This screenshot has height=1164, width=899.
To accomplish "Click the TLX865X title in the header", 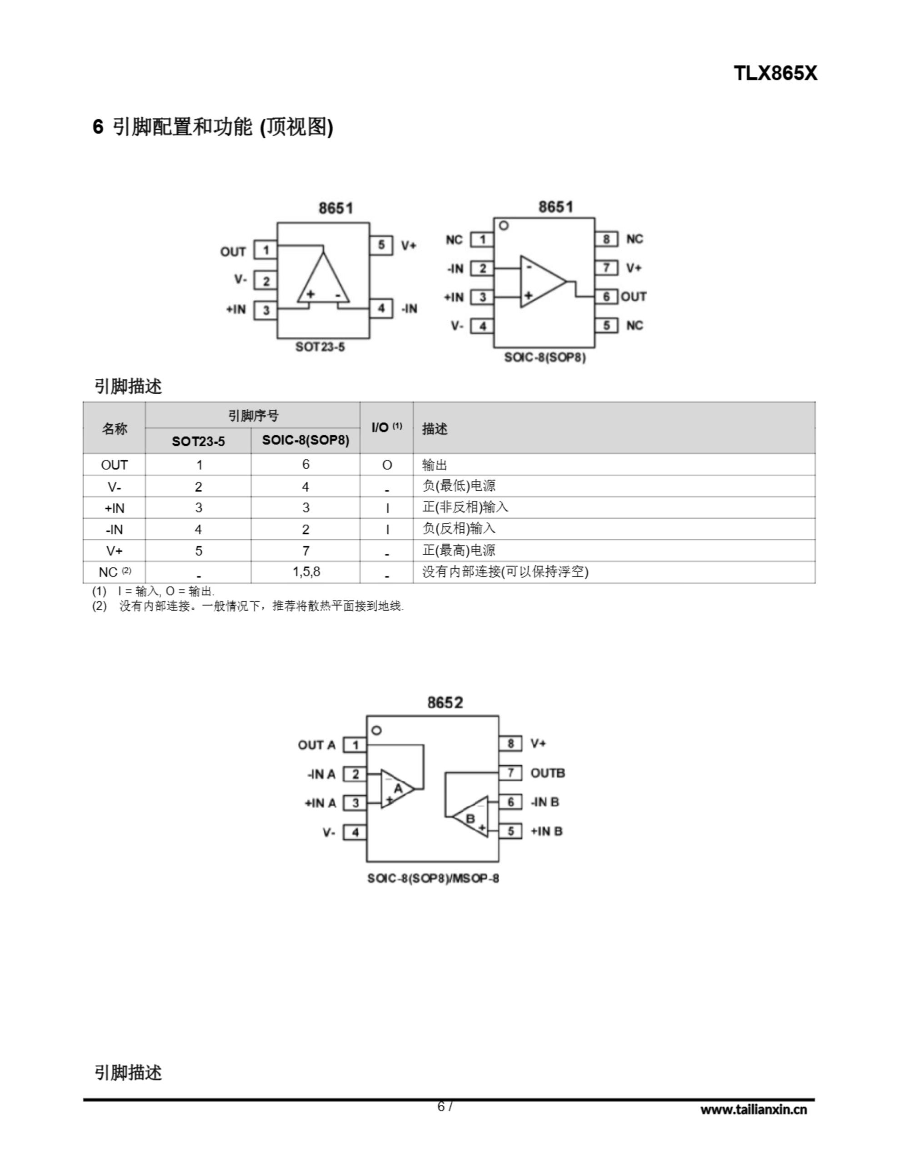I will click(775, 73).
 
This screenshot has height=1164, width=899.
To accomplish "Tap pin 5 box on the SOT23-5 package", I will click(381, 245).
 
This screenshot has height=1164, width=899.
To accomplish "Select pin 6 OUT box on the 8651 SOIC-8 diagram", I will click(606, 296).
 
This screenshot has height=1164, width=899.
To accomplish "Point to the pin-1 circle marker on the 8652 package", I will click(376, 730).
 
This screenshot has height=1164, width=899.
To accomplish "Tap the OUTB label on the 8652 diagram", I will click(547, 773).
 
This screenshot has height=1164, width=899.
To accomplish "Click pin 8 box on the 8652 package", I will click(510, 743).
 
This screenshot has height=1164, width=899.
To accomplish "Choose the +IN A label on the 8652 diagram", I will click(320, 803).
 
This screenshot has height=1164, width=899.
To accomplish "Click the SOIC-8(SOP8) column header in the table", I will click(305, 440).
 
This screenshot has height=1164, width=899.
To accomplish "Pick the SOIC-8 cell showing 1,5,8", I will click(306, 572).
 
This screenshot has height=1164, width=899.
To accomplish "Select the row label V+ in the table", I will click(114, 551).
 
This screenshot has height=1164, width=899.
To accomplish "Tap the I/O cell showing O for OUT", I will click(387, 465).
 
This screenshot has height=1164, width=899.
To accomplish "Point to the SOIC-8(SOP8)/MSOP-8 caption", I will click(433, 878).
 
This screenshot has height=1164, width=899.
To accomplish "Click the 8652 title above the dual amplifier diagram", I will click(445, 702).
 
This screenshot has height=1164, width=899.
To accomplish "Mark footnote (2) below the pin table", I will click(248, 606).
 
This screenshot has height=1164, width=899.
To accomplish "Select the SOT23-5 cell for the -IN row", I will click(198, 529).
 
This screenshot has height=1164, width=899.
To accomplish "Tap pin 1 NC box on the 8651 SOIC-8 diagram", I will click(482, 239).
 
